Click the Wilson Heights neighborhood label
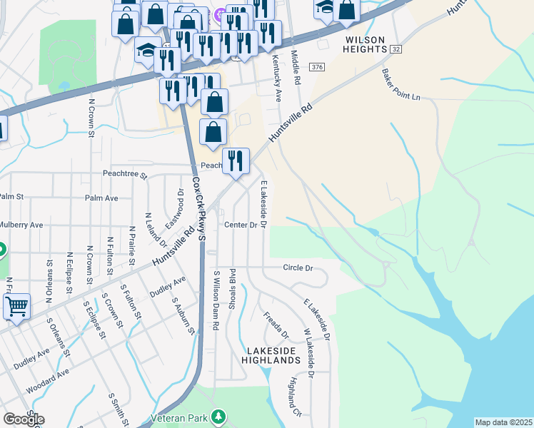pyautogui.click(x=365, y=44)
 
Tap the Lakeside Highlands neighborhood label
pyautogui.click(x=273, y=356)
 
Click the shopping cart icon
pyautogui.click(x=16, y=307)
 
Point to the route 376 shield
pyautogui.click(x=318, y=67)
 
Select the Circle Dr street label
pyautogui.click(x=298, y=268)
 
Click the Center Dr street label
pyautogui.click(x=241, y=225)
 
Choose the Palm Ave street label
pyautogui.click(x=101, y=198)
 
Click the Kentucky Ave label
pyautogui.click(x=276, y=74)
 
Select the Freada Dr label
pyautogui.click(x=275, y=325)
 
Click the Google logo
pyautogui.click(x=23, y=419)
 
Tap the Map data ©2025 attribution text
pyautogui.click(x=503, y=422)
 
